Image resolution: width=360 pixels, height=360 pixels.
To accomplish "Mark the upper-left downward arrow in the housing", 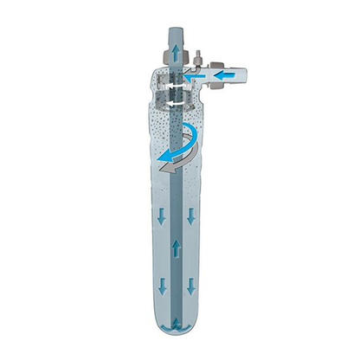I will pos(159,216).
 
